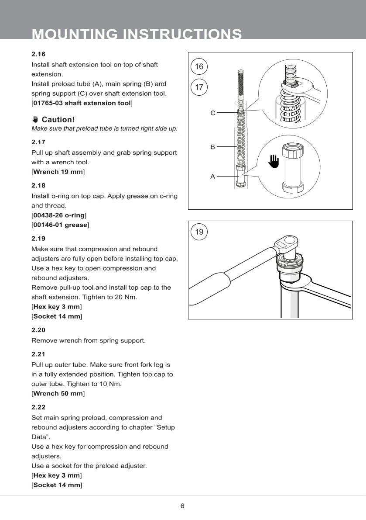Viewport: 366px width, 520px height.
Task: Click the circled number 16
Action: pos(199,67)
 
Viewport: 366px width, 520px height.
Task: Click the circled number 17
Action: pos(199,87)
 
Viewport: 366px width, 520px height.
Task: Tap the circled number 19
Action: pos(199,232)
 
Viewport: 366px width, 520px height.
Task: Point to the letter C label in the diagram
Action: pos(213,113)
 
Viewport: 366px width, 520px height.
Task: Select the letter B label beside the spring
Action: pos(213,147)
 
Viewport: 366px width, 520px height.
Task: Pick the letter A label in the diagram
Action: pos(213,177)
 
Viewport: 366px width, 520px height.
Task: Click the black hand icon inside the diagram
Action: pos(274,161)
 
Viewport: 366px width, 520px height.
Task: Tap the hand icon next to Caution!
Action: pos(35,119)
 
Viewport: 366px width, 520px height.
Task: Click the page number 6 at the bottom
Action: pos(182,506)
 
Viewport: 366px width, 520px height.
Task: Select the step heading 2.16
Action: pos(38,54)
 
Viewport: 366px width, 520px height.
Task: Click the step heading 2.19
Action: pos(38,239)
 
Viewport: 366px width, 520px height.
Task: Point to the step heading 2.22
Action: pos(38,407)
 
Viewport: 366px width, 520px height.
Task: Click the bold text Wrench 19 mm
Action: pos(58,172)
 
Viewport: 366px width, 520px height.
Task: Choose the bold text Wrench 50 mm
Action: pos(58,394)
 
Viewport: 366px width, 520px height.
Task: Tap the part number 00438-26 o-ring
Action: pos(59,215)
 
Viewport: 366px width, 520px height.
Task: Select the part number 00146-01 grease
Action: pos(60,225)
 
